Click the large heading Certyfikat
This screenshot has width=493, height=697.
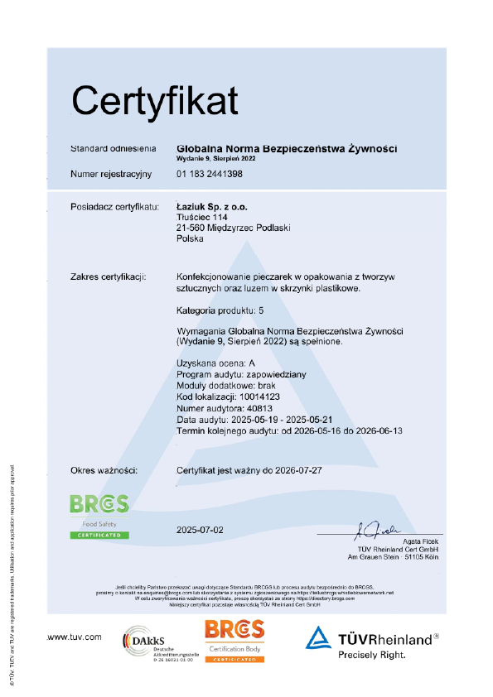[154, 100]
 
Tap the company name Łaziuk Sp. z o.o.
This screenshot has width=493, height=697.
[212, 205]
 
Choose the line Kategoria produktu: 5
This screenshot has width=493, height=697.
[220, 310]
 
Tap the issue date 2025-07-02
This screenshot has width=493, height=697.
[201, 528]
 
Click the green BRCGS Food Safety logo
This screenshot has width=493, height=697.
[99, 515]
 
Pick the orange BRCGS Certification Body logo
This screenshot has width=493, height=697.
[234, 639]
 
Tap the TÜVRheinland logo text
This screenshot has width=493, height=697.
[384, 639]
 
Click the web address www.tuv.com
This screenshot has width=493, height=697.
[75, 637]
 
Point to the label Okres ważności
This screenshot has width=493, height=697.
[104, 470]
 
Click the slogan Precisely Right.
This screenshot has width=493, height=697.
[371, 655]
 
